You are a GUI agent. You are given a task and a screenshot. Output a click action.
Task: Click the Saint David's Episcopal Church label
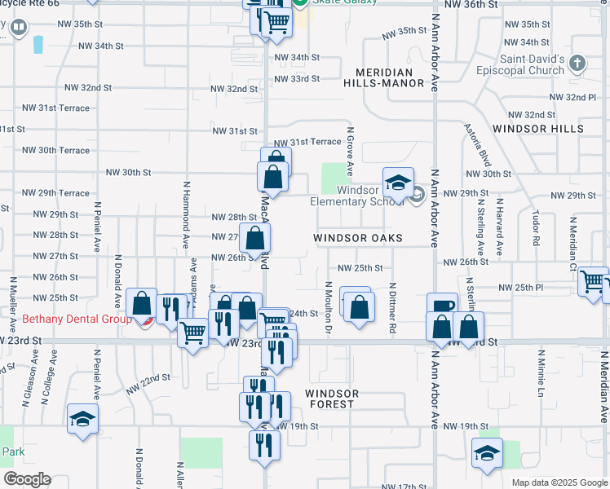(x=533, y=65)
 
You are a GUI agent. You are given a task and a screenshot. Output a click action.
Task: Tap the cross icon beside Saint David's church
(x=577, y=62)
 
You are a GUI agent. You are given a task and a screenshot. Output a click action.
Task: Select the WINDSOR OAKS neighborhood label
(x=358, y=238)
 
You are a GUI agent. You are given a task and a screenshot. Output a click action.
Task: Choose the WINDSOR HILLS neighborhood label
(x=538, y=129)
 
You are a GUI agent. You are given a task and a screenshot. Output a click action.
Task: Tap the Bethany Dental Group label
(x=65, y=319)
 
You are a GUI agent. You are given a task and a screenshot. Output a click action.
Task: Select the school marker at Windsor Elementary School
(x=399, y=184)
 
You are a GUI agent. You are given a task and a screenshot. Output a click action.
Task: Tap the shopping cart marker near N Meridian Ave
(x=593, y=282)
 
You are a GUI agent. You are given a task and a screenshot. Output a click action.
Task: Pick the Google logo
(x=28, y=479)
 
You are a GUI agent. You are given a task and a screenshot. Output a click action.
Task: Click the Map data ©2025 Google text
(x=559, y=482)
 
